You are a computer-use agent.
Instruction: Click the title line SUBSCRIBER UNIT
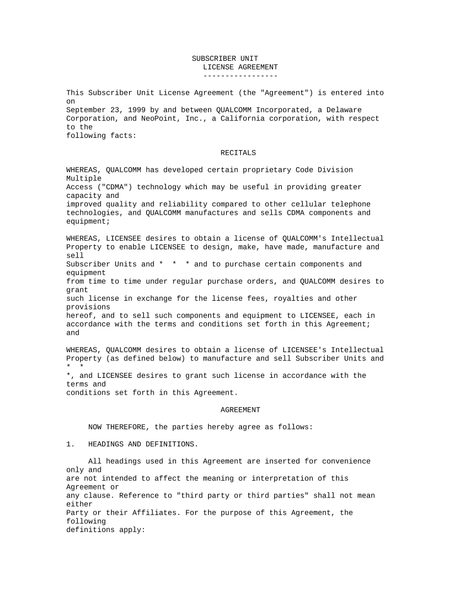coord(223,59)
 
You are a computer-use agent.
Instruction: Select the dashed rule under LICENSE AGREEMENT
coord(240,76)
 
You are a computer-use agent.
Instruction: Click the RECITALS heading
coord(238,153)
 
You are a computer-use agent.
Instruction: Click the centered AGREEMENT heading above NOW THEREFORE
coord(240,410)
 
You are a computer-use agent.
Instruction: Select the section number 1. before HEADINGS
coord(71,444)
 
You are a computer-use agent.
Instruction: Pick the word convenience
coord(344,461)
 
